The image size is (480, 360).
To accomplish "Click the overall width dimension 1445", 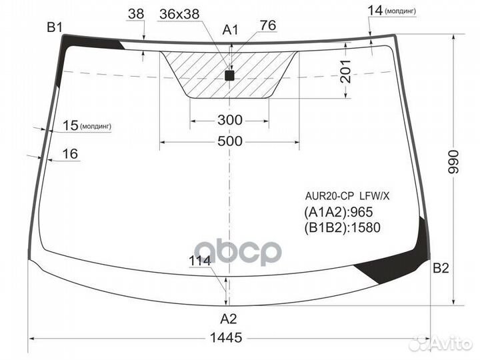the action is (x=226, y=337).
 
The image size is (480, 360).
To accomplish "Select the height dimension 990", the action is (x=454, y=162).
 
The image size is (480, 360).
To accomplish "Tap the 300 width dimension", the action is (x=230, y=120).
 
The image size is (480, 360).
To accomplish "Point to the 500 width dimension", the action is (x=230, y=141).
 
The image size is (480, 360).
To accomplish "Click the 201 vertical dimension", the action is (x=346, y=71).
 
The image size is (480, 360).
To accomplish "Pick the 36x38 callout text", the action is (x=179, y=14).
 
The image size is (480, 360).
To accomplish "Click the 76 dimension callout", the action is (x=268, y=25).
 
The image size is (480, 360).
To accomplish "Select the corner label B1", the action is (x=55, y=27).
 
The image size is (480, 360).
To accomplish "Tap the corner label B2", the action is (x=441, y=268).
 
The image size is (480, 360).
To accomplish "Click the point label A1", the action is (x=230, y=30).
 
